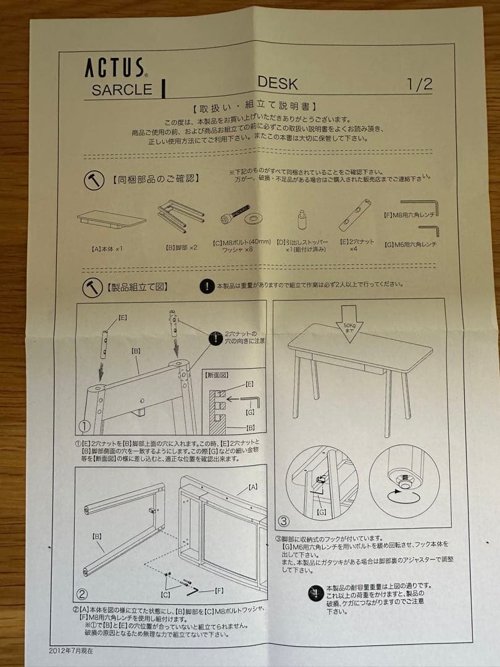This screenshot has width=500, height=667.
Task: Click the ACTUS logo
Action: [x=115, y=67]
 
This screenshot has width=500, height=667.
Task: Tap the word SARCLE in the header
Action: [x=122, y=90]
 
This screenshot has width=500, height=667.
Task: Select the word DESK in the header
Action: [x=278, y=83]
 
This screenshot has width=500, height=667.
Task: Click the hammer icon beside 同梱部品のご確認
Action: [x=94, y=180]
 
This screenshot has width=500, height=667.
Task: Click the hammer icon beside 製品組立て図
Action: [x=93, y=288]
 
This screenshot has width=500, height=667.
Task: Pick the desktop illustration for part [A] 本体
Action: [x=111, y=219]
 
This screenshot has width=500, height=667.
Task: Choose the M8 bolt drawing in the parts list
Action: [x=235, y=214]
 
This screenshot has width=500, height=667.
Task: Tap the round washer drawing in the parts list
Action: [x=253, y=218]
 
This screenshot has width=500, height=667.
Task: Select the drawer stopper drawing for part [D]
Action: [x=302, y=219]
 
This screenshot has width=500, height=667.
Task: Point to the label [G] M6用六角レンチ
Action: [x=410, y=245]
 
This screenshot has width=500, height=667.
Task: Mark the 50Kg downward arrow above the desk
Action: [x=349, y=321]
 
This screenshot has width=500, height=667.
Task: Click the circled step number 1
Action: [x=85, y=426]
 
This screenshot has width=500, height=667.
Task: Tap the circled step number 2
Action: [x=82, y=595]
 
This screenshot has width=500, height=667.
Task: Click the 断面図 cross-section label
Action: [x=217, y=374]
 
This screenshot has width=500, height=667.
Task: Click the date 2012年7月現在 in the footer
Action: [x=72, y=650]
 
